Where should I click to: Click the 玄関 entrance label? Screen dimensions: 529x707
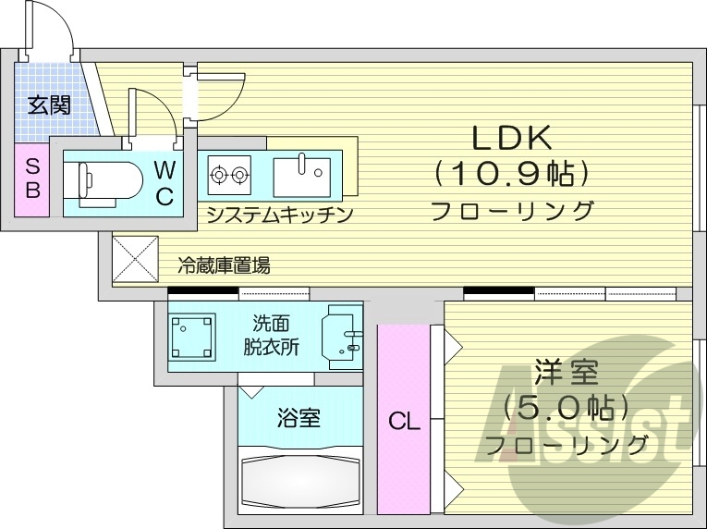click(x=48, y=105)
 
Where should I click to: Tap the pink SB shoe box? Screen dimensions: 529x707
click(x=31, y=179)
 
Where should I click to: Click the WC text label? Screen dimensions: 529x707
click(x=164, y=182)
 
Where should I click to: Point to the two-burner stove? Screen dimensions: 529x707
click(x=229, y=172)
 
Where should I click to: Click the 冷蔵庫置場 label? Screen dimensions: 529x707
click(x=225, y=266)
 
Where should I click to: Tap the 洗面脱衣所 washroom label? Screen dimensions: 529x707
click(x=271, y=336)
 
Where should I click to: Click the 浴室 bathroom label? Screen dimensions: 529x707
click(x=298, y=417)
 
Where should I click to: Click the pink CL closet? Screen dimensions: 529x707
click(x=403, y=421)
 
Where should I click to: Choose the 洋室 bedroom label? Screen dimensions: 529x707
click(x=566, y=373)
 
